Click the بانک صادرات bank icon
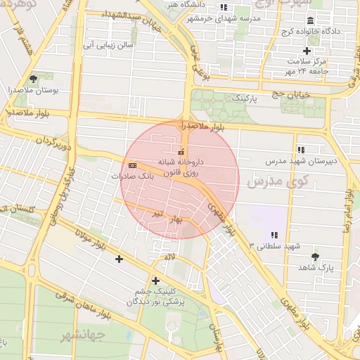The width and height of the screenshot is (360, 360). click(133, 165)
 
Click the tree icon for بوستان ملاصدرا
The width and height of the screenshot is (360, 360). click(33, 79)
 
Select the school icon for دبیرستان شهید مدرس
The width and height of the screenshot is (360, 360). click(301, 150)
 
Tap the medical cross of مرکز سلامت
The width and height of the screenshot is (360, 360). click(307, 51)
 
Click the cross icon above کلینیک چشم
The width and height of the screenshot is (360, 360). click(155, 281)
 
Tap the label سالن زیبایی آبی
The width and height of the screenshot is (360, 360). click(108, 45)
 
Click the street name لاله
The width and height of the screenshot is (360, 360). click(169, 257)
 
